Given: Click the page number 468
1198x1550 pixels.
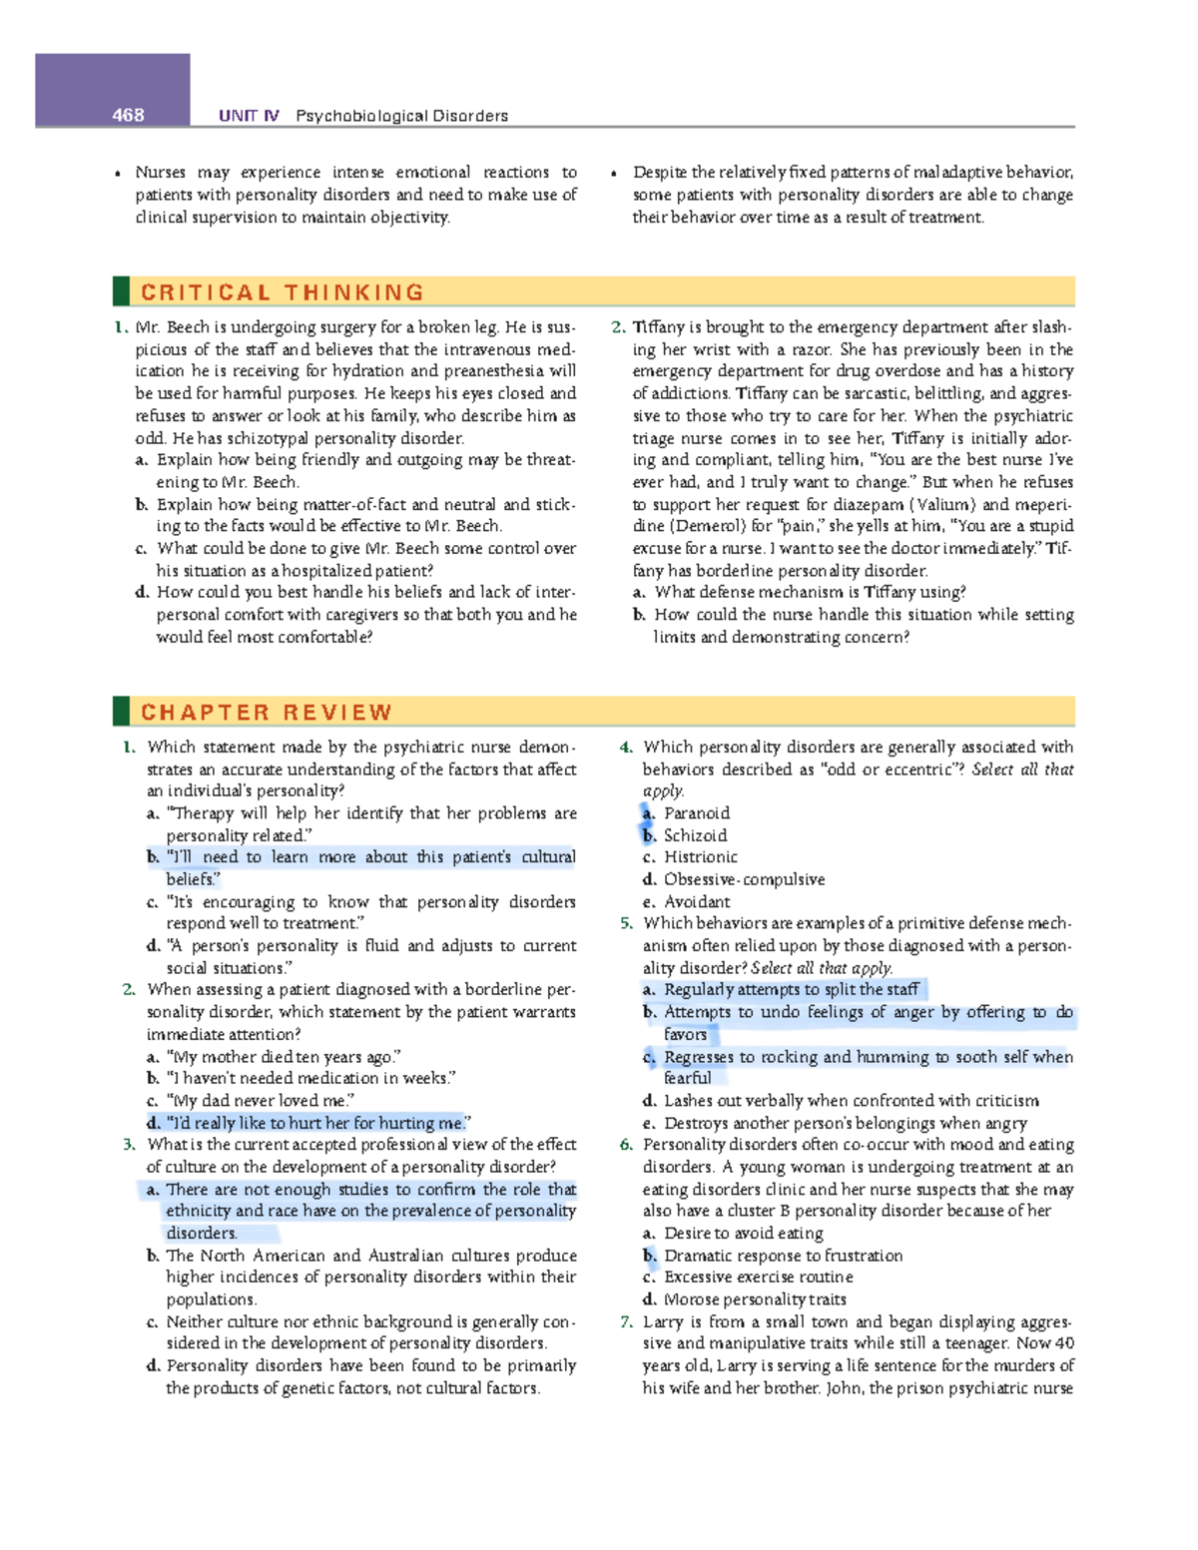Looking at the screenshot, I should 128,115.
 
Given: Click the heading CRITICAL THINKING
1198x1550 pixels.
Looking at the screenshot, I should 283,292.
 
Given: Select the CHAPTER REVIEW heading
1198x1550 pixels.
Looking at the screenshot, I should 267,713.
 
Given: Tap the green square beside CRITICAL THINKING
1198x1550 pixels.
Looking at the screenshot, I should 121,291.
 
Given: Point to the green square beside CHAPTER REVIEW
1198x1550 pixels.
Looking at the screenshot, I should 121,712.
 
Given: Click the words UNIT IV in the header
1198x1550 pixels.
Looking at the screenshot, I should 249,116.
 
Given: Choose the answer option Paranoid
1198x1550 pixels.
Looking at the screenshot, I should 697,813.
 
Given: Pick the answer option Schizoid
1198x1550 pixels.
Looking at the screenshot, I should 695,835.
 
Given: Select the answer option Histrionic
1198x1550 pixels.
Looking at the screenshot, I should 701,857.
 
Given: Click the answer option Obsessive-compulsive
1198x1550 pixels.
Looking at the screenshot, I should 744,879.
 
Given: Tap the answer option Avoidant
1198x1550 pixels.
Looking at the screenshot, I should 697,901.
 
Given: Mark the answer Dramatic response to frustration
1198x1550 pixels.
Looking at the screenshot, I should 783,1256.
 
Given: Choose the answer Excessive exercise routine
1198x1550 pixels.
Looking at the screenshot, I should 758,1278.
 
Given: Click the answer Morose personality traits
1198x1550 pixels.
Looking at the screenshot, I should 755,1299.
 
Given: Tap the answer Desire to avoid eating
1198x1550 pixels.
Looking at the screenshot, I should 744,1234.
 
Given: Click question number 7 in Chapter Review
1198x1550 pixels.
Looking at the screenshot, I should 626,1321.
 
